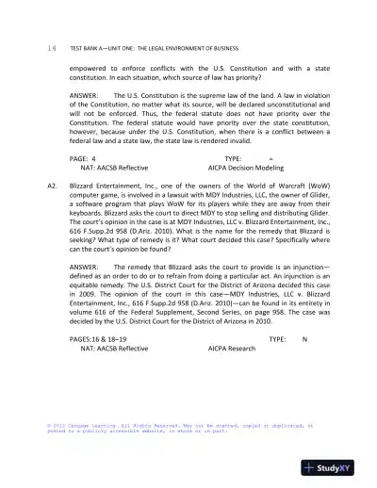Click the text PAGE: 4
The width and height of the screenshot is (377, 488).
[84, 161]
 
